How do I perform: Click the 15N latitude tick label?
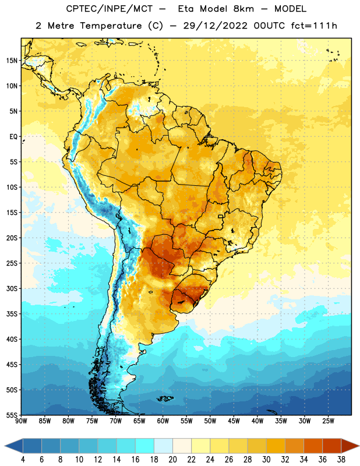click(12, 61)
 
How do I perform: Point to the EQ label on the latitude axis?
click(13, 137)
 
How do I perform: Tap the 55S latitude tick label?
click(12, 415)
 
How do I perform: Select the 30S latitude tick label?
click(12, 288)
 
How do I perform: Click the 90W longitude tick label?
click(21, 421)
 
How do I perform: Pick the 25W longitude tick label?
click(328, 421)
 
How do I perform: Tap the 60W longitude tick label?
click(163, 421)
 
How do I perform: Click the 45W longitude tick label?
click(234, 421)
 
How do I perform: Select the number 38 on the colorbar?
click(341, 460)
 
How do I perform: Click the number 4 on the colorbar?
click(23, 460)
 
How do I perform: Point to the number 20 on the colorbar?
click(172, 460)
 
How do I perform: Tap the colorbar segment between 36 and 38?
click(332, 446)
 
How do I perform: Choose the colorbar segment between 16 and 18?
click(144, 446)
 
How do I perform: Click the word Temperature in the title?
click(111, 26)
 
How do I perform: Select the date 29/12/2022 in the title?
click(215, 26)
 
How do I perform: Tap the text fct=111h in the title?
click(314, 26)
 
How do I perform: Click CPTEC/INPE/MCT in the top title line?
click(109, 9)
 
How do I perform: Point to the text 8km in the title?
click(243, 9)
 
